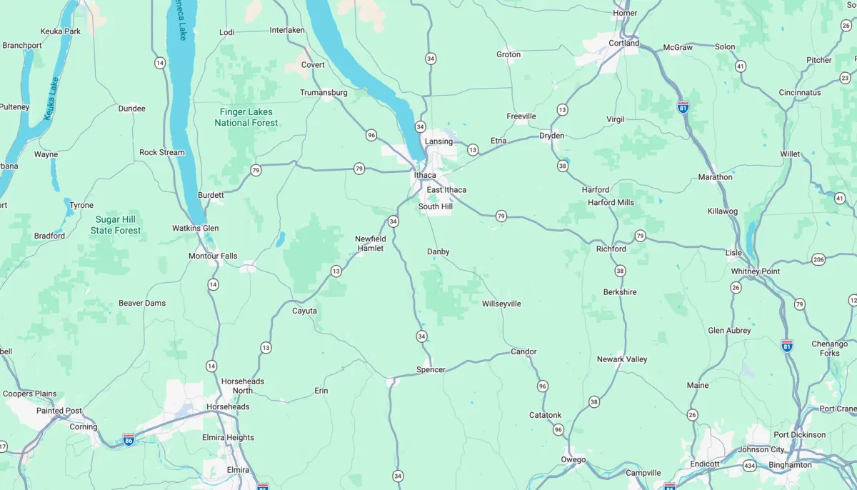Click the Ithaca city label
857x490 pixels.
tap(425, 175)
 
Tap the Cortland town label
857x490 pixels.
tap(623, 43)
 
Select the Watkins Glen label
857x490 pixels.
tap(195, 229)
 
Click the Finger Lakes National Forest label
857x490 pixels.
tap(246, 117)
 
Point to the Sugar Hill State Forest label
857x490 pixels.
tap(116, 225)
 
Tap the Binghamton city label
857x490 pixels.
tap(790, 465)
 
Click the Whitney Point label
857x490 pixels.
tap(756, 271)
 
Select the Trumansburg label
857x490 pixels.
tap(324, 93)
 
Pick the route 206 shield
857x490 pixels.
tap(818, 259)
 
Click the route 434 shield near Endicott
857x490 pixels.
tap(749, 466)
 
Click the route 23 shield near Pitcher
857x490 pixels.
tap(846, 77)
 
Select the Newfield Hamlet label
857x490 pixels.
tap(370, 244)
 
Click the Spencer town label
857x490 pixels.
tap(431, 370)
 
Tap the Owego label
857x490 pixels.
tap(573, 459)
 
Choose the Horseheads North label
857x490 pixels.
tap(242, 386)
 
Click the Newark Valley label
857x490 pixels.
tap(622, 359)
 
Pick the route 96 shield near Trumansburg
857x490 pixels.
tap(371, 135)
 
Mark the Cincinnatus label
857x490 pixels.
tap(799, 93)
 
